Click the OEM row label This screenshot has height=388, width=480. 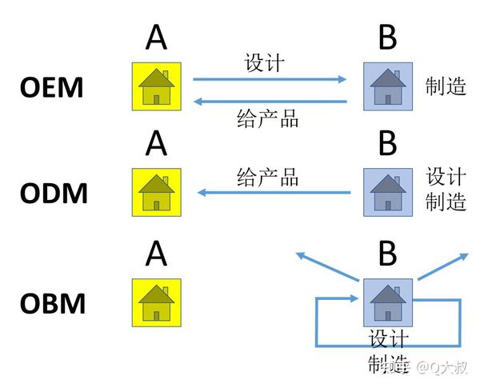tap(51, 87)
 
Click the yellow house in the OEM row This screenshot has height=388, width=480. tap(157, 86)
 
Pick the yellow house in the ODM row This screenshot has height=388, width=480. tap(157, 192)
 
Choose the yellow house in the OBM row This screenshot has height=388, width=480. tap(157, 302)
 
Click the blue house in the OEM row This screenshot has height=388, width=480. tap(388, 86)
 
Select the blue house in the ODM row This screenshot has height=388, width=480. tap(388, 192)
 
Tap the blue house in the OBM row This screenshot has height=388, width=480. tap(388, 302)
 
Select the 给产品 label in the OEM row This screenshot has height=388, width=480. tap(268, 119)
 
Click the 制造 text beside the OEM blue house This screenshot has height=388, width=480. tap(446, 86)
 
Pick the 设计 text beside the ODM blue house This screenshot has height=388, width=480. tap(446, 176)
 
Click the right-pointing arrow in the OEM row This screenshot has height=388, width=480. tap(270, 79)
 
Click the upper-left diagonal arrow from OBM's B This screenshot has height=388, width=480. tap(326, 266)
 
